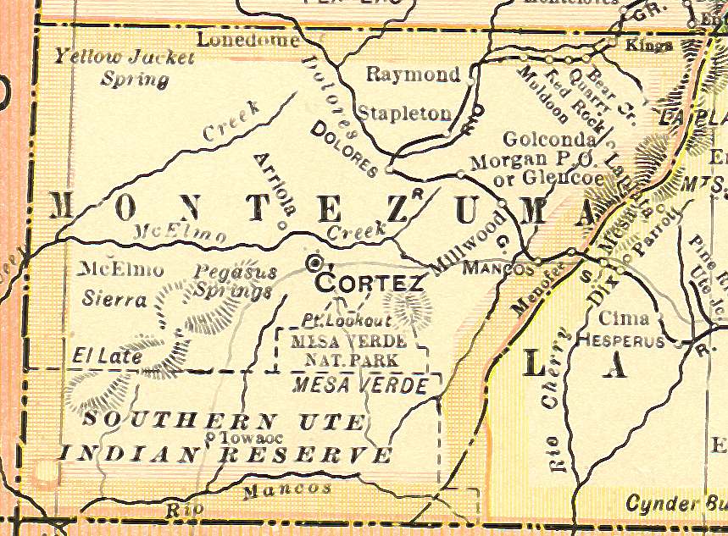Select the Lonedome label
247,40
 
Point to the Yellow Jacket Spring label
125,69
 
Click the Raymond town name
413,75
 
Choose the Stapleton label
403,113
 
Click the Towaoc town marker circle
211,437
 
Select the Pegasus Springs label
234,282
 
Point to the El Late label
107,356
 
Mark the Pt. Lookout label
347,321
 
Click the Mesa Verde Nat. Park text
348,351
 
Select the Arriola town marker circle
282,225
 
